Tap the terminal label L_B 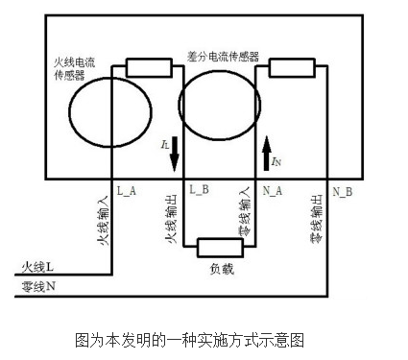coord(200,190)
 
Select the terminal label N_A coord(273,190)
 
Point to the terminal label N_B coord(343,190)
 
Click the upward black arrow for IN coord(268,152)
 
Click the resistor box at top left coord(148,68)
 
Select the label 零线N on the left coord(37,285)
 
